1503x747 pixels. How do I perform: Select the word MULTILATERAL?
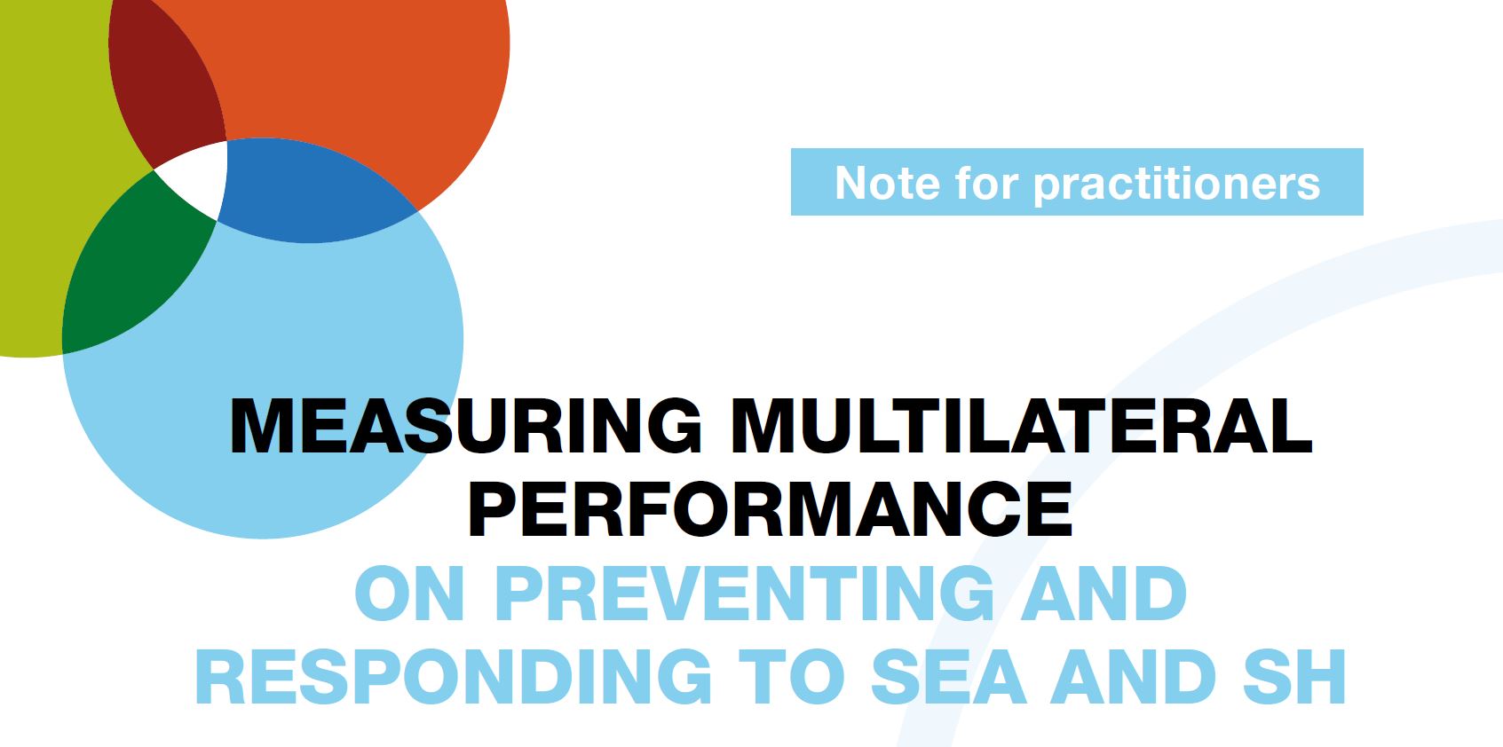[1021, 427]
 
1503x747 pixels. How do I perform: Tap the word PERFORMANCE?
[770, 509]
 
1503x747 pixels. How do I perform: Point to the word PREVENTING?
[745, 594]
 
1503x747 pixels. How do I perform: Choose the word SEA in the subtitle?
[948, 676]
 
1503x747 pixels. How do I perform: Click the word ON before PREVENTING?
[409, 594]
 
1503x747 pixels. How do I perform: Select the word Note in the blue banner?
[887, 183]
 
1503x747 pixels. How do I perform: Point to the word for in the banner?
[986, 183]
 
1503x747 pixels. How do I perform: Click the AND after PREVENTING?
[1104, 594]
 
